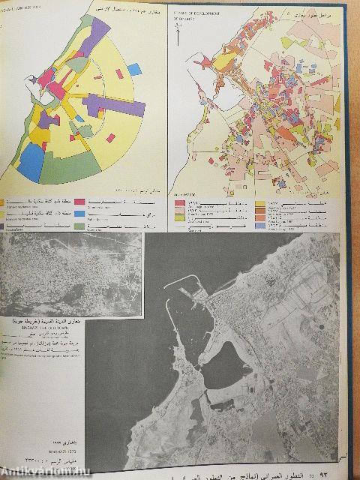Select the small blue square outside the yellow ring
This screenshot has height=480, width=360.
tap(134, 70)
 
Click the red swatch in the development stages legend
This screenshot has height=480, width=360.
tap(179, 202)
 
